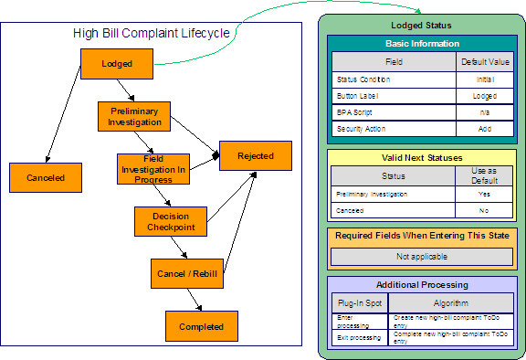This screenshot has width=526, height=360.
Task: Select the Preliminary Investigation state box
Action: click(x=134, y=116)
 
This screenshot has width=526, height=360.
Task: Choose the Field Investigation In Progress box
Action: click(x=152, y=169)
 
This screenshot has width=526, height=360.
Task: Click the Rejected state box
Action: click(x=255, y=156)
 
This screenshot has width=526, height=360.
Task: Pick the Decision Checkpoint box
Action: click(x=163, y=221)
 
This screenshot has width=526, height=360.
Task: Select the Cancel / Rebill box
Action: click(x=186, y=272)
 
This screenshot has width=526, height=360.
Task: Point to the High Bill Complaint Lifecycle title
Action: click(x=152, y=34)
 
